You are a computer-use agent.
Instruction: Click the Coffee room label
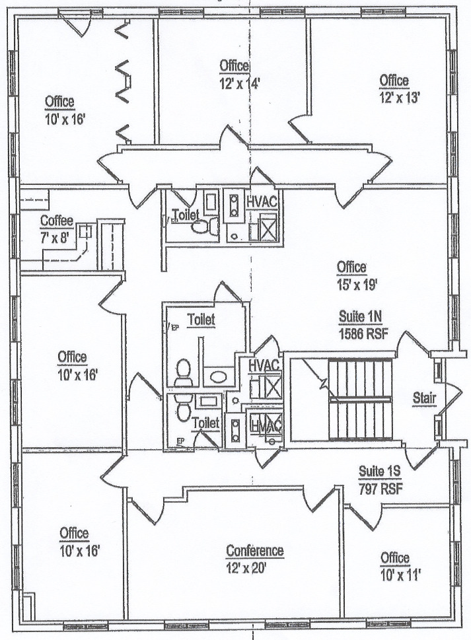pos(57,221)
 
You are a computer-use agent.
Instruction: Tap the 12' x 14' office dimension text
pos(240,84)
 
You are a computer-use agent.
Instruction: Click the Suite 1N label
pos(360,316)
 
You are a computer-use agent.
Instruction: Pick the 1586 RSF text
pos(363,334)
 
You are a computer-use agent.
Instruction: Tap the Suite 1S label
pos(380,472)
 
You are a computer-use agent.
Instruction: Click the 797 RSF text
pos(380,488)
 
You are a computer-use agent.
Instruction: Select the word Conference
pos(255,551)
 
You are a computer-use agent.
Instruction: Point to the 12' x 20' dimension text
pos(246,568)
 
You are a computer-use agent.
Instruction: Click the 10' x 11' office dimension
pos(400,575)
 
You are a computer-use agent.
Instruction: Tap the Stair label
pos(425,398)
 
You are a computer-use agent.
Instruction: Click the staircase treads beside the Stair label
pos(361,399)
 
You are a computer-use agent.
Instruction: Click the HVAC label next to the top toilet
pos(262,201)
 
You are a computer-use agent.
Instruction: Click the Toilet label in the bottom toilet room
pos(205,423)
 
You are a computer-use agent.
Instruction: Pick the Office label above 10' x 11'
pos(394,558)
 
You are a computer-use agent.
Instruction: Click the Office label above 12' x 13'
pos(394,81)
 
